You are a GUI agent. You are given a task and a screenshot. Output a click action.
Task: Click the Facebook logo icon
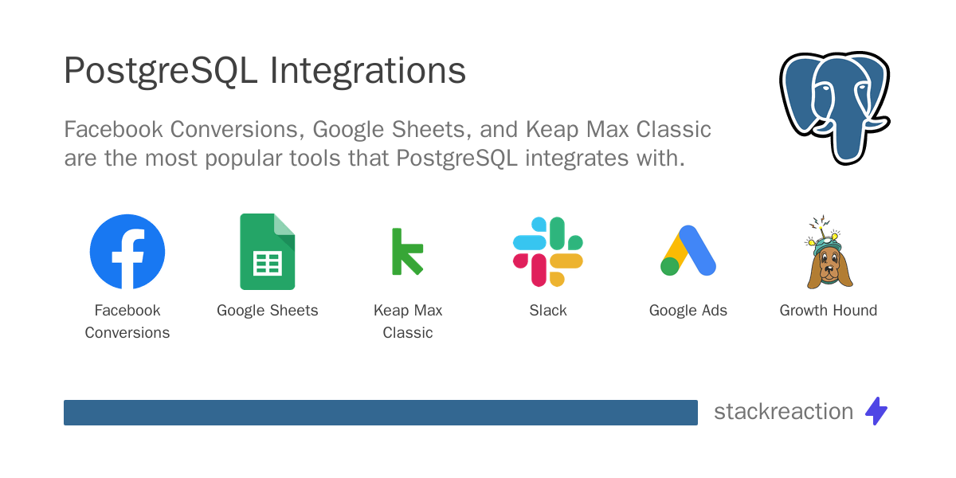coord(127,251)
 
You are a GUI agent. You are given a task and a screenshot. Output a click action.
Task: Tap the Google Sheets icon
coord(268,252)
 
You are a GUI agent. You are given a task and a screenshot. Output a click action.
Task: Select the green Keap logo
coord(407,252)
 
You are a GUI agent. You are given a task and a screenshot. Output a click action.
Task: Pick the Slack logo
coord(548,252)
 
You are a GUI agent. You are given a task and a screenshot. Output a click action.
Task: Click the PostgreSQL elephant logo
coord(833,107)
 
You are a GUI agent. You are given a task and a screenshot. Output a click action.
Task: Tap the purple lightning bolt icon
coord(876,411)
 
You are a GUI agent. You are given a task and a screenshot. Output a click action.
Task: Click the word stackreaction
coord(783,411)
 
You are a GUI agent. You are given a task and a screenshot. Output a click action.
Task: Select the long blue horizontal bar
coord(380,412)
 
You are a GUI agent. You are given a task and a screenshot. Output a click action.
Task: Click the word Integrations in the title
coord(367,72)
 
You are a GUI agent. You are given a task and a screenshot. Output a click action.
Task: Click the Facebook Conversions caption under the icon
coord(127,321)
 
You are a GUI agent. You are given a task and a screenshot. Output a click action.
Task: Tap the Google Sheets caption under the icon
coord(268,310)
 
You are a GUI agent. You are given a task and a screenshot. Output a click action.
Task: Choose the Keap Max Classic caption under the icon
coord(408,321)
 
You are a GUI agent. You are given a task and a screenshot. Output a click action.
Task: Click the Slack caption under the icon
coord(548,310)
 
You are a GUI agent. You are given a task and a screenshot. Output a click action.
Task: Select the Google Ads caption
coord(688,310)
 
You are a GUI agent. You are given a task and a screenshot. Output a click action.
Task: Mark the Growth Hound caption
coord(829,310)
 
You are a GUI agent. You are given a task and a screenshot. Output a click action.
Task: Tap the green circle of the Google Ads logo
coord(670,266)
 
